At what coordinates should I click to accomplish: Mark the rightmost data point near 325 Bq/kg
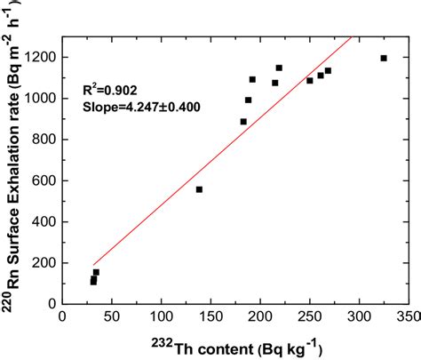point(384,59)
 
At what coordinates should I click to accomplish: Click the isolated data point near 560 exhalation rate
point(199,189)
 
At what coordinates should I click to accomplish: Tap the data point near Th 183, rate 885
point(243,122)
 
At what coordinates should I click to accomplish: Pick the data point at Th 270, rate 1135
point(328,70)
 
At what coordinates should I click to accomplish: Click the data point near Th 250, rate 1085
point(310,81)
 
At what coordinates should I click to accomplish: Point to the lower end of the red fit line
point(92,265)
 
